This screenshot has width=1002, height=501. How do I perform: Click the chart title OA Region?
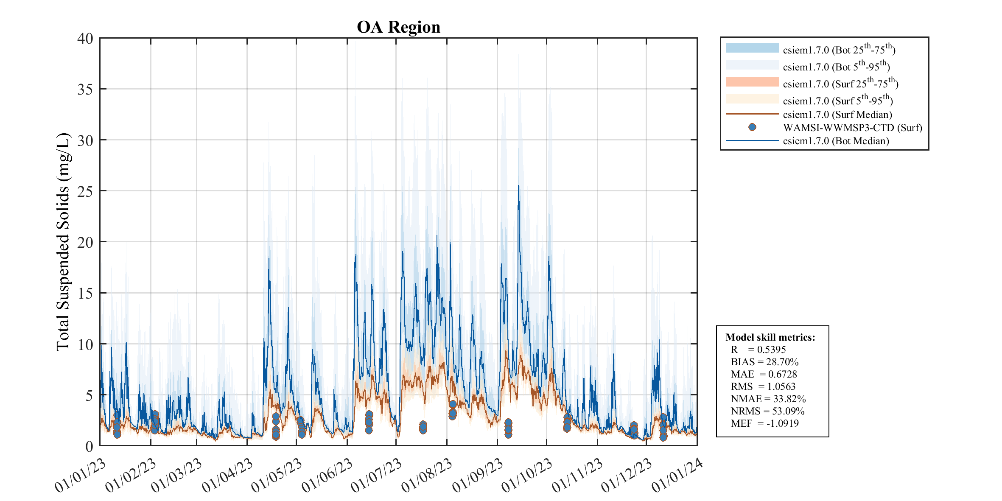[x=398, y=27]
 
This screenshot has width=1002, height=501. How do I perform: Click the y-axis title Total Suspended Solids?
[x=63, y=242]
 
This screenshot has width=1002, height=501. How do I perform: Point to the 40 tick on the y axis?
[x=85, y=39]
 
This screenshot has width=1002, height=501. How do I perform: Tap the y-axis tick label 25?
[x=85, y=192]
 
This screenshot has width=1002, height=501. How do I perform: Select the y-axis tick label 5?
[x=89, y=396]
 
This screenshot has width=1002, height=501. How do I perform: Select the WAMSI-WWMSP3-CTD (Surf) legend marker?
[x=752, y=127]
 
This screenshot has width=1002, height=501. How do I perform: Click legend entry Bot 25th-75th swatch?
[x=752, y=48]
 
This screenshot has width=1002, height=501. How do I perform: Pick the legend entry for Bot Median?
[x=836, y=141]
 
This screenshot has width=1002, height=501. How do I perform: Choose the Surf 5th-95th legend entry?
[x=837, y=101]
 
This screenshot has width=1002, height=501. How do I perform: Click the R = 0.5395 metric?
[x=758, y=350]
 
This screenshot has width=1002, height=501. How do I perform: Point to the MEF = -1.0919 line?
[x=764, y=423]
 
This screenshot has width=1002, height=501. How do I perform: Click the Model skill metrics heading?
[x=770, y=337]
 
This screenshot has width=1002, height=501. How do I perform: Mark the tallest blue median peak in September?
[x=518, y=186]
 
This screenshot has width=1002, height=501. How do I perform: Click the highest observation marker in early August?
[x=453, y=404]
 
